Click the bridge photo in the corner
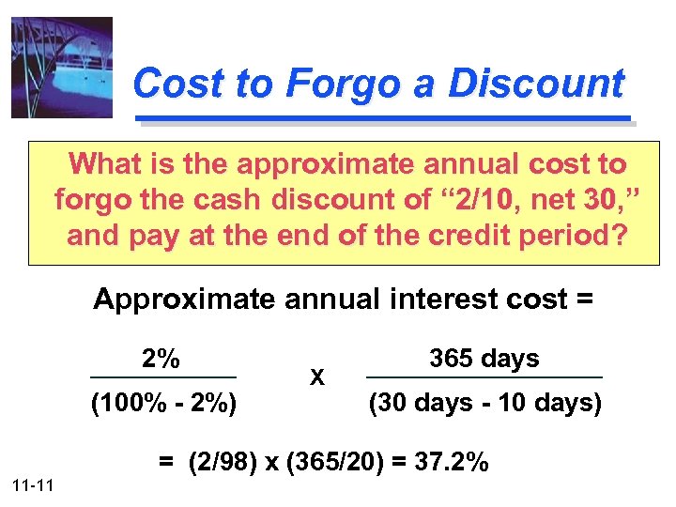click(x=61, y=68)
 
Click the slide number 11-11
click(x=33, y=484)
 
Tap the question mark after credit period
click(x=617, y=235)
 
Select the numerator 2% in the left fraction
click(x=161, y=358)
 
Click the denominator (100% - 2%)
click(x=163, y=405)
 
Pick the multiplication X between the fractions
click(x=317, y=378)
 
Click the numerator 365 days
click(x=484, y=358)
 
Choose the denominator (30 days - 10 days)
click(x=484, y=404)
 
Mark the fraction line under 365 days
click(x=484, y=378)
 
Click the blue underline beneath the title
click(x=385, y=119)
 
